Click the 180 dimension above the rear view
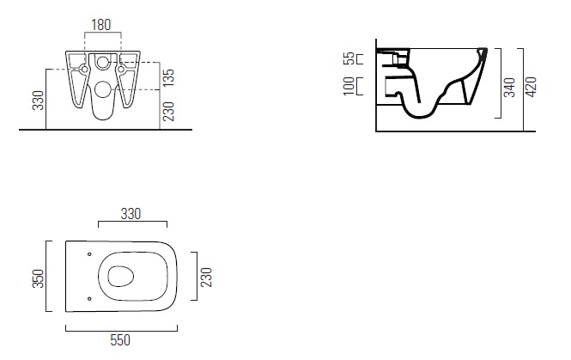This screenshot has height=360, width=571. coord(100,25)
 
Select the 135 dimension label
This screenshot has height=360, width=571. coord(168,77)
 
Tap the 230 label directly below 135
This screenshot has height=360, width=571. coord(168,111)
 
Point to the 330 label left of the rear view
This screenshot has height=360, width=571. coord(39,101)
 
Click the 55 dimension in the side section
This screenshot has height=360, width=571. coord(349,58)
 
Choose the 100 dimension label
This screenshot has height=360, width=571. coord(349,86)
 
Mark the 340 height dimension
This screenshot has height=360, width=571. coord(509,88)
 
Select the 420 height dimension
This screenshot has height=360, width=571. coord(532,87)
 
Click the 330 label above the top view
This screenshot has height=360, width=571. coord(131,214)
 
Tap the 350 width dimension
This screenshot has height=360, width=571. coord(39,278)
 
